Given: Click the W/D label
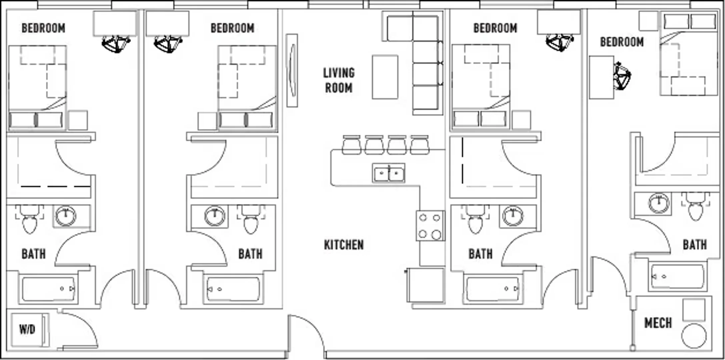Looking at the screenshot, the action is (27, 330).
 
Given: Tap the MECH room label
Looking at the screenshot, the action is (658, 323).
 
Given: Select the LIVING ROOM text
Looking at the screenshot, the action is (339, 80).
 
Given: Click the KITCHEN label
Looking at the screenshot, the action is (344, 245).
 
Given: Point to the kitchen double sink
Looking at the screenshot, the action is (389, 173).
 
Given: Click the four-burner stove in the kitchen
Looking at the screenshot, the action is (430, 226).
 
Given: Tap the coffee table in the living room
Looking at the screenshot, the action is (385, 77).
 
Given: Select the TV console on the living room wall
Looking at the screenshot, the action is (292, 70).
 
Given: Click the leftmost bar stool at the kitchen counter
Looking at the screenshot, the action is (351, 145).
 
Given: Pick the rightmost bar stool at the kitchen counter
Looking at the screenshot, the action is (420, 145).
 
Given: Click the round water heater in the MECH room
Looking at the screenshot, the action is (694, 336).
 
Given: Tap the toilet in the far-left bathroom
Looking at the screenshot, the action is (29, 219).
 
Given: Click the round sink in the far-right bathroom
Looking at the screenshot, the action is (659, 203).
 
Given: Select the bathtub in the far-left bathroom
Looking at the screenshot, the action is (49, 289).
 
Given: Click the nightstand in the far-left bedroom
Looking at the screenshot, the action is (78, 120).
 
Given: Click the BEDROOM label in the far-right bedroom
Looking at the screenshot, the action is (622, 42).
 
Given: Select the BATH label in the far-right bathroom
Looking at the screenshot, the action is (695, 245).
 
